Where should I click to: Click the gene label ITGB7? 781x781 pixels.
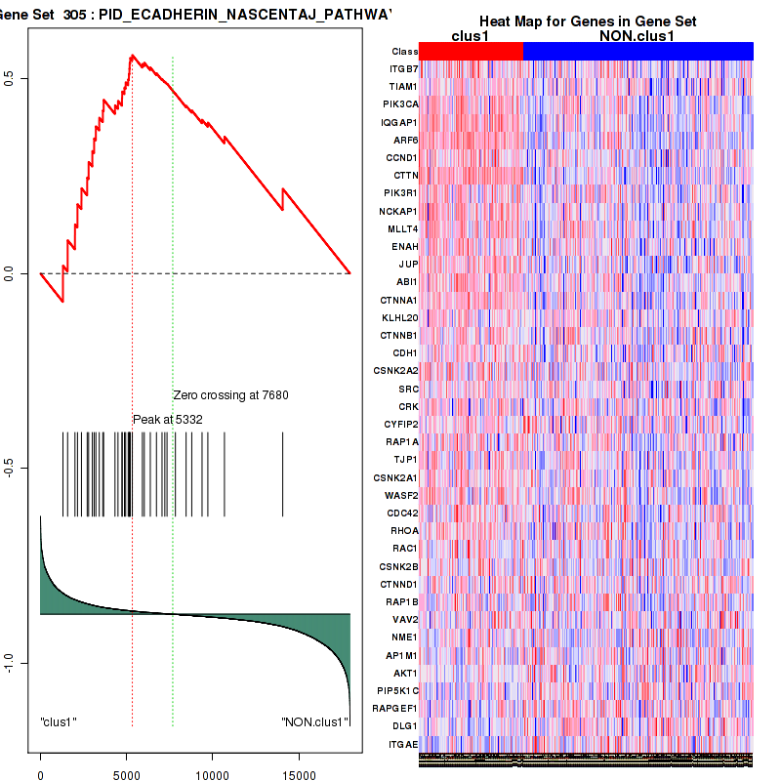point(403,69)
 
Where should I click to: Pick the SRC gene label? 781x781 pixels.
point(408,389)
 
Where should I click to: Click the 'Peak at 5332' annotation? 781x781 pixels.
point(167,419)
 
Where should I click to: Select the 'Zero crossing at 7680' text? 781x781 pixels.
point(230,395)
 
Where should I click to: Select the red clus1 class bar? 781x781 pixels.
point(472,51)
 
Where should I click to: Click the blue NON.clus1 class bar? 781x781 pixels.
point(637,51)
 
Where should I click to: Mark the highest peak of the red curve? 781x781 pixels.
point(132,56)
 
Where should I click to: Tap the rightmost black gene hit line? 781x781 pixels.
point(283,473)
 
